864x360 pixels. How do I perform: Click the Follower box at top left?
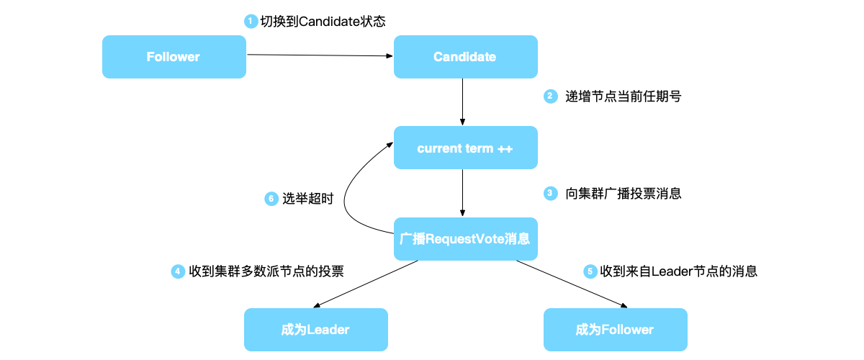click(x=174, y=57)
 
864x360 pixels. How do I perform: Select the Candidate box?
click(x=465, y=57)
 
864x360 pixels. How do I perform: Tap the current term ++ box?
click(x=465, y=148)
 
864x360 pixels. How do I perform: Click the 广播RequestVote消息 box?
click(x=465, y=239)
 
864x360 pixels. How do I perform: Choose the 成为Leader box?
click(x=315, y=330)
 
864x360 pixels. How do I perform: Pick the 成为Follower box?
click(x=615, y=330)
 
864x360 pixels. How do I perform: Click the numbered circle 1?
click(x=251, y=22)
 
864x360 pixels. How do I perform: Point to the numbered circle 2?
click(x=550, y=96)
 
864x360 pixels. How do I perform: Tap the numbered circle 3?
click(x=550, y=193)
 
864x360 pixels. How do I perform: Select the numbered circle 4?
click(x=178, y=271)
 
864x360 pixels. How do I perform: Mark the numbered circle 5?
click(x=590, y=271)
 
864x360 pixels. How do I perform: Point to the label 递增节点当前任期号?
click(x=623, y=96)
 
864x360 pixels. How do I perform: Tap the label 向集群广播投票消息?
click(x=623, y=194)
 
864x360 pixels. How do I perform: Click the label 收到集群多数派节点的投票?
click(x=266, y=271)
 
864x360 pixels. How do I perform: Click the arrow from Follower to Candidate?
click(x=320, y=55)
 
